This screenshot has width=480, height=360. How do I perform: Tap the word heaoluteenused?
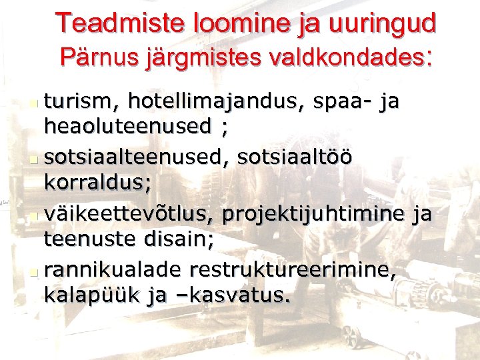pos(127,126)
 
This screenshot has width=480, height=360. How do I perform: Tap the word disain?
pos(179,238)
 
